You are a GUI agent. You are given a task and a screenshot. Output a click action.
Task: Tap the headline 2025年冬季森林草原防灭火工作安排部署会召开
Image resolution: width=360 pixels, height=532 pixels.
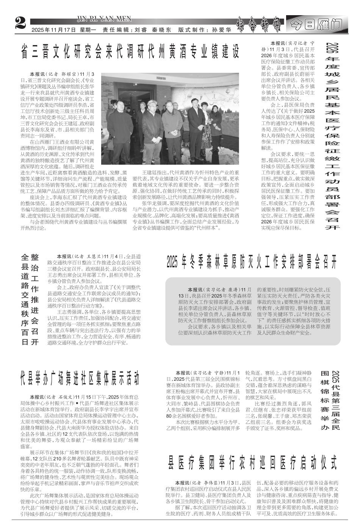point(252,262)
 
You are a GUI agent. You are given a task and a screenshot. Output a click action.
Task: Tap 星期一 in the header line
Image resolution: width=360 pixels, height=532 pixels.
point(88,30)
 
